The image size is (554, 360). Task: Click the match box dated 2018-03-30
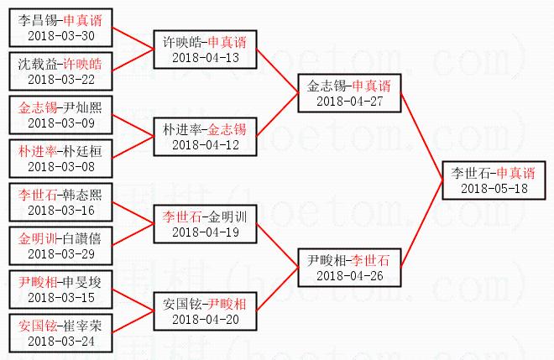pos(60,28)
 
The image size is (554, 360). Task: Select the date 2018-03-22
pos(60,80)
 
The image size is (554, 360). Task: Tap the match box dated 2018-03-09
pos(60,116)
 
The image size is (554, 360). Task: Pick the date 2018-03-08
pos(60,167)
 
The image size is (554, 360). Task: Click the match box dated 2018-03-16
pos(60,202)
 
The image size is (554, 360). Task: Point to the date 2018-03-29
pos(60,253)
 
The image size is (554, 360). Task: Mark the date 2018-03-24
pos(60,341)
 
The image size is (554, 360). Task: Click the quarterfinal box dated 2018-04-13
pos(205,50)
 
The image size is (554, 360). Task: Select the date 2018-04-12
pos(205,145)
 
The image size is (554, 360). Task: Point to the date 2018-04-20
pos(205,319)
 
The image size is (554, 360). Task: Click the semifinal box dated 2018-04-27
pos(349,93)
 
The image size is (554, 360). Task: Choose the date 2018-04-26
pos(349,274)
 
